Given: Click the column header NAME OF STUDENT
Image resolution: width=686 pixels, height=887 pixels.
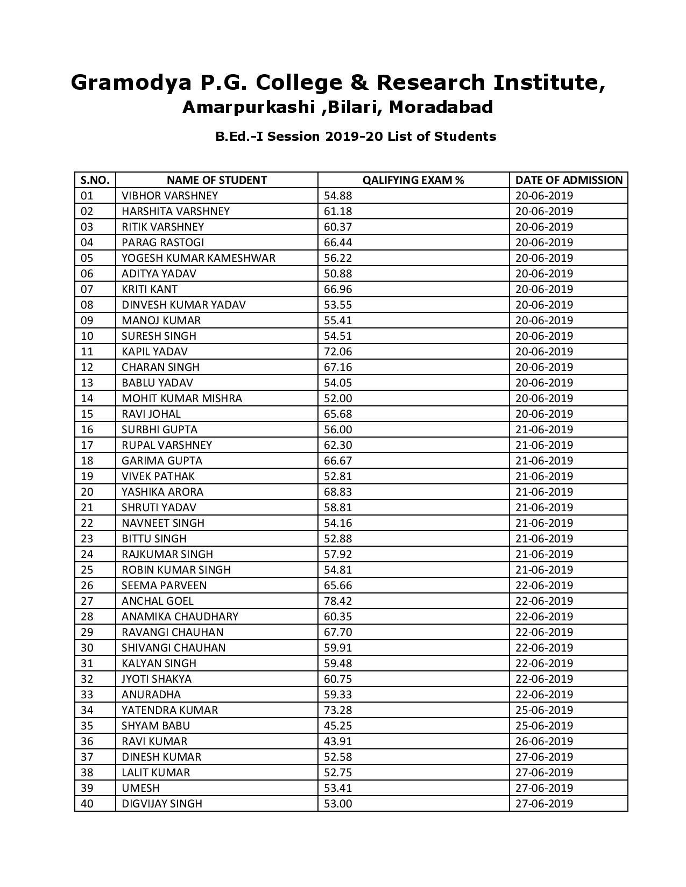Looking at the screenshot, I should point(216,180).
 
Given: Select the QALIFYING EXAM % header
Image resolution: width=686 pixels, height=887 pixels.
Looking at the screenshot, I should point(413,180).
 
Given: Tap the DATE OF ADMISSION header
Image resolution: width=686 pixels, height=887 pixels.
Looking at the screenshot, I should point(569,180).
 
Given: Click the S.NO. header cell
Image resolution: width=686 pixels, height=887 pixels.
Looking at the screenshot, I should point(95,180).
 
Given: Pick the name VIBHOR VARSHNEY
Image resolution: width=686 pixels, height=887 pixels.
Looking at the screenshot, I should point(169,196).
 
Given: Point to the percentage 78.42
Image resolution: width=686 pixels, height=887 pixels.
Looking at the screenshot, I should point(337,601).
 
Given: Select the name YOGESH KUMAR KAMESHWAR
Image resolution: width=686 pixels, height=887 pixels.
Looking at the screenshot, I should point(198,258).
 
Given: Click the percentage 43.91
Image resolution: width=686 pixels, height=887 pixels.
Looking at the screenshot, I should point(337,741).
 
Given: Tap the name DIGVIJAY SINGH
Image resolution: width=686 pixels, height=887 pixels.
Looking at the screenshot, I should point(162,804).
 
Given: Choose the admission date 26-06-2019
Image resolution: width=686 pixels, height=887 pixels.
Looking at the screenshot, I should point(544,741).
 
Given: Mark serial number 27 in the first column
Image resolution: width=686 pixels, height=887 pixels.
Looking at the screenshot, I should point(87,601).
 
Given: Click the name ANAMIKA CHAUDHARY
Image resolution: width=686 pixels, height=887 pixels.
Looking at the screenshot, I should point(180,617).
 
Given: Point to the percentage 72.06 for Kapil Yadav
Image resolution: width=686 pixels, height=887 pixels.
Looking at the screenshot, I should point(337,352).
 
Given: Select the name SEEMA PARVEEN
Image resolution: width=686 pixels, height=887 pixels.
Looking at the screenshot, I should point(164,585).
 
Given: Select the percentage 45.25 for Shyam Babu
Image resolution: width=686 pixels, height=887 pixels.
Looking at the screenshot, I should point(337,726).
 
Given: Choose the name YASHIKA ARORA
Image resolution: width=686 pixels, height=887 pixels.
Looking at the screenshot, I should point(162,492).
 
